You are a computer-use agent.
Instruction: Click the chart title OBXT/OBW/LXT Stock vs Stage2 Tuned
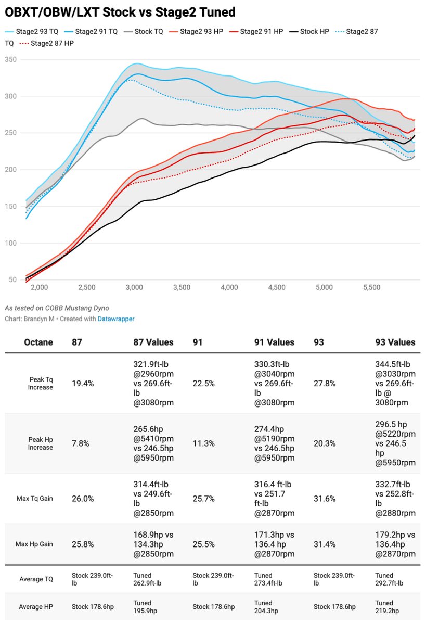pos(120,11)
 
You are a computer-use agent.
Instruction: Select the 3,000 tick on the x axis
pos(134,287)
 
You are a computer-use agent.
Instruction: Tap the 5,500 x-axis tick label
pos(371,287)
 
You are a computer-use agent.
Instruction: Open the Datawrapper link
pos(116,319)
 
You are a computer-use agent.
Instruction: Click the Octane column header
pos(38,342)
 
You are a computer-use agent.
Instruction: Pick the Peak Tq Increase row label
pos(41,384)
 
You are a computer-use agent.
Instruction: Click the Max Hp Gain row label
pos(35,544)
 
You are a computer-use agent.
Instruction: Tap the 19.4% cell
pos(83,384)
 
